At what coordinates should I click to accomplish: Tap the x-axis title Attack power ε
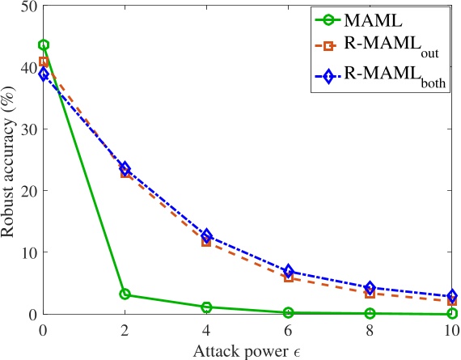[247, 349]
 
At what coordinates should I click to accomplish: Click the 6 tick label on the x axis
[289, 330]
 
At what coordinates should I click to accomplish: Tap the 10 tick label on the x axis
[452, 330]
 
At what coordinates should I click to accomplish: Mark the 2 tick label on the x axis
[125, 330]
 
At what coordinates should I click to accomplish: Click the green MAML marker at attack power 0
[44, 45]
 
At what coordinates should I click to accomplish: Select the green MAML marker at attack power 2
[125, 294]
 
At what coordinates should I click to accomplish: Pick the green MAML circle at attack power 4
[206, 307]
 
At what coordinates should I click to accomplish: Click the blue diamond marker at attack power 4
[206, 235]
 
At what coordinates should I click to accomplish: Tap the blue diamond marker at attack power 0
[44, 74]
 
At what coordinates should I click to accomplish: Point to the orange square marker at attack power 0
[44, 61]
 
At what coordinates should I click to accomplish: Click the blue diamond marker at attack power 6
[289, 271]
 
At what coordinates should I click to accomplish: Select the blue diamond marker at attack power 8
[370, 287]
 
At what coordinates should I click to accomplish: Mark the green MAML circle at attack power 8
[370, 313]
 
